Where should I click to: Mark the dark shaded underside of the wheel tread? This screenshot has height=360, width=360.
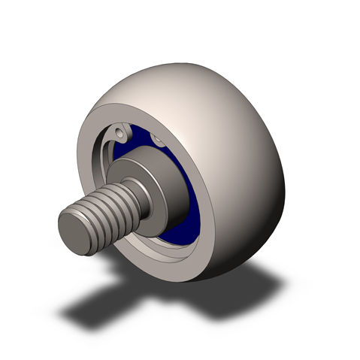click(x=256, y=241)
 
